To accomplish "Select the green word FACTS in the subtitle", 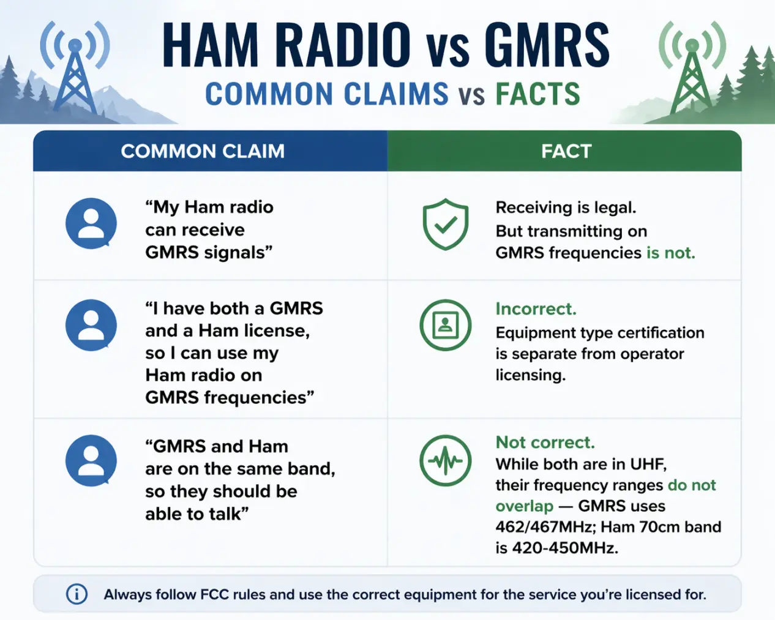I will click(x=537, y=94).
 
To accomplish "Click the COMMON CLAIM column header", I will click(x=203, y=151).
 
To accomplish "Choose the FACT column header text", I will click(x=566, y=151).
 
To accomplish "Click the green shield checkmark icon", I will click(x=445, y=224).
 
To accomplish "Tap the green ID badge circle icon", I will click(x=445, y=325).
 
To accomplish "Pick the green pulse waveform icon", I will click(x=445, y=460).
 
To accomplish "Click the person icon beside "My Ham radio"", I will click(x=91, y=223).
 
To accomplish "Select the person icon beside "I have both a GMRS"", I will click(x=91, y=325).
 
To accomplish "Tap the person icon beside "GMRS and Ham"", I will click(x=91, y=460).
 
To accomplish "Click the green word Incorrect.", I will click(x=536, y=309).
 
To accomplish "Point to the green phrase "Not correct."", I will click(x=545, y=443).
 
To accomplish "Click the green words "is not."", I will click(x=670, y=253).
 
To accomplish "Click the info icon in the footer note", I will click(x=77, y=594).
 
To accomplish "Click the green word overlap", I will click(x=524, y=506).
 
